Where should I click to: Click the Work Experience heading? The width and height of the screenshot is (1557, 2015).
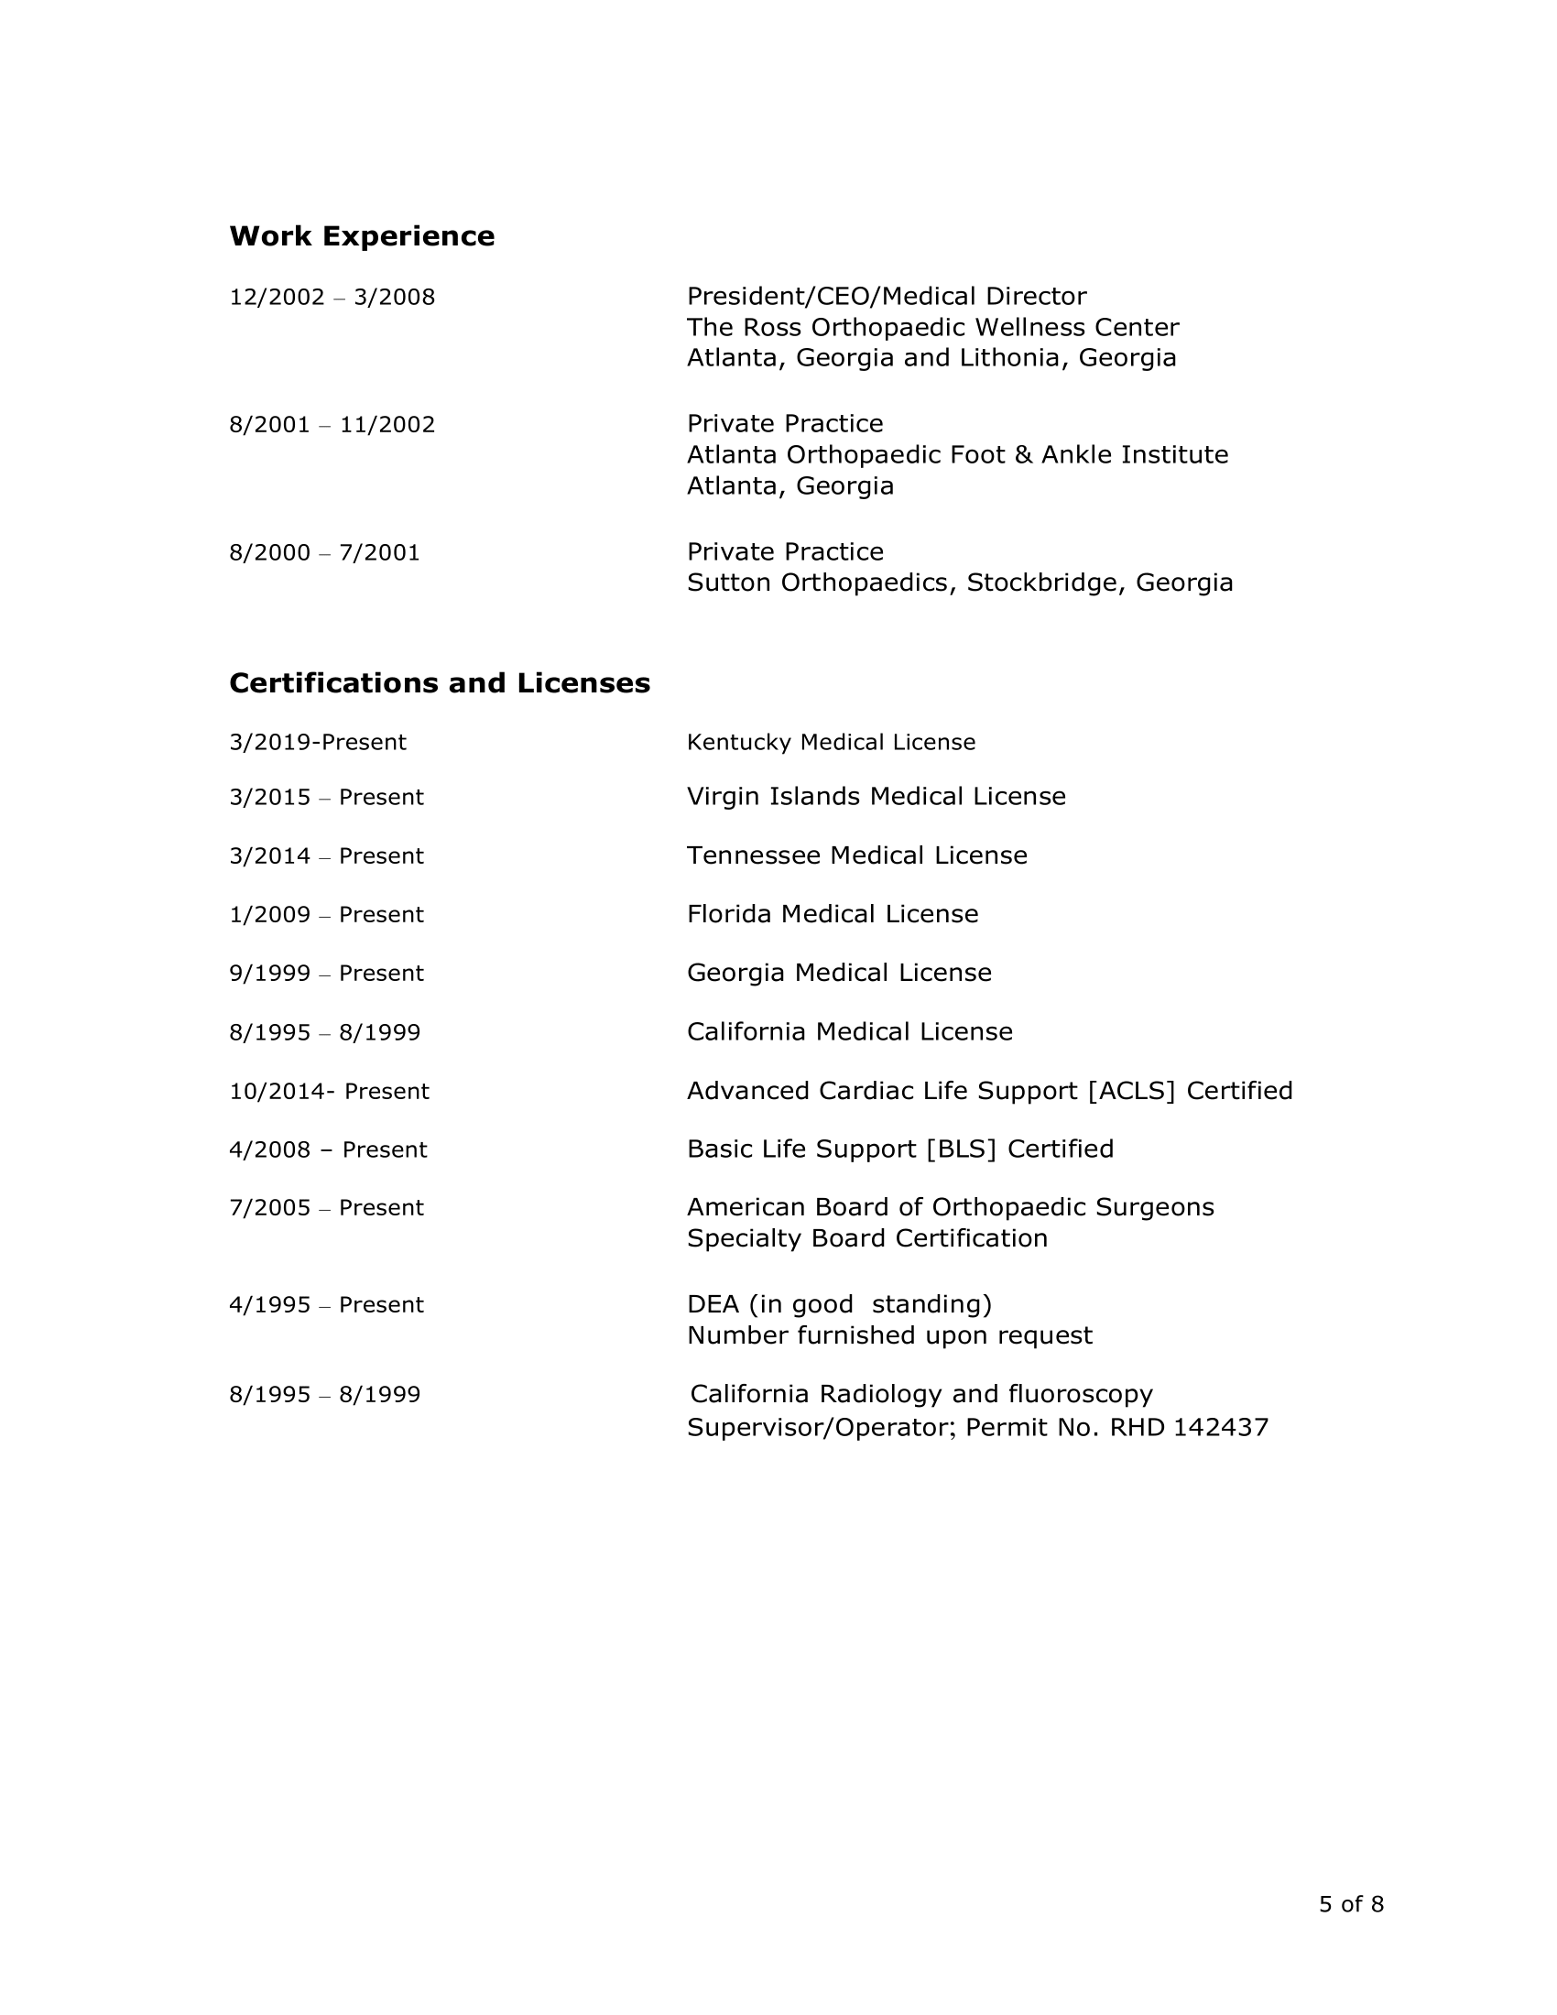point(362,236)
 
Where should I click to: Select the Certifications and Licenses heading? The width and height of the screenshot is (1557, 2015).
point(439,682)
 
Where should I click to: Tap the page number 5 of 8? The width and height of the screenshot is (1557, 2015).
point(1350,1904)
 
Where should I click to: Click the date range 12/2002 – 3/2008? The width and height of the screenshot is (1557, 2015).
point(332,297)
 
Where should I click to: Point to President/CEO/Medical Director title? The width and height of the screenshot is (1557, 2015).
point(887,296)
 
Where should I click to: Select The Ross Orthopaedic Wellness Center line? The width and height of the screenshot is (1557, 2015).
point(932,328)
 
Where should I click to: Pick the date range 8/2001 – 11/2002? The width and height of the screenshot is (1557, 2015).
point(332,424)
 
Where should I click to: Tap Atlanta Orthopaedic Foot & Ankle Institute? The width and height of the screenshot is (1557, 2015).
point(957,455)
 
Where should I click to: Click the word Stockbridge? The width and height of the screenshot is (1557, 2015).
point(1045,583)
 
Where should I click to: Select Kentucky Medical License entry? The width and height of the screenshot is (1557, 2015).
point(831,743)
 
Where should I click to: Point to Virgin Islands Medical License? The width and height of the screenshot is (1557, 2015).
point(876,796)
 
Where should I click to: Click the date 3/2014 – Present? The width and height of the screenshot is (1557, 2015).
point(327,856)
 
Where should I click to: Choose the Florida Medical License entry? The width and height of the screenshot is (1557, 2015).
point(832,914)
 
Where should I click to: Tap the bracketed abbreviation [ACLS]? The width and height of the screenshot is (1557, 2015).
point(1131,1092)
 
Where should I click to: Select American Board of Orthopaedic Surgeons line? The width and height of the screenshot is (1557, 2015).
point(950,1208)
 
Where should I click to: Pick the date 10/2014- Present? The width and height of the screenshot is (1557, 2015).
point(330,1092)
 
